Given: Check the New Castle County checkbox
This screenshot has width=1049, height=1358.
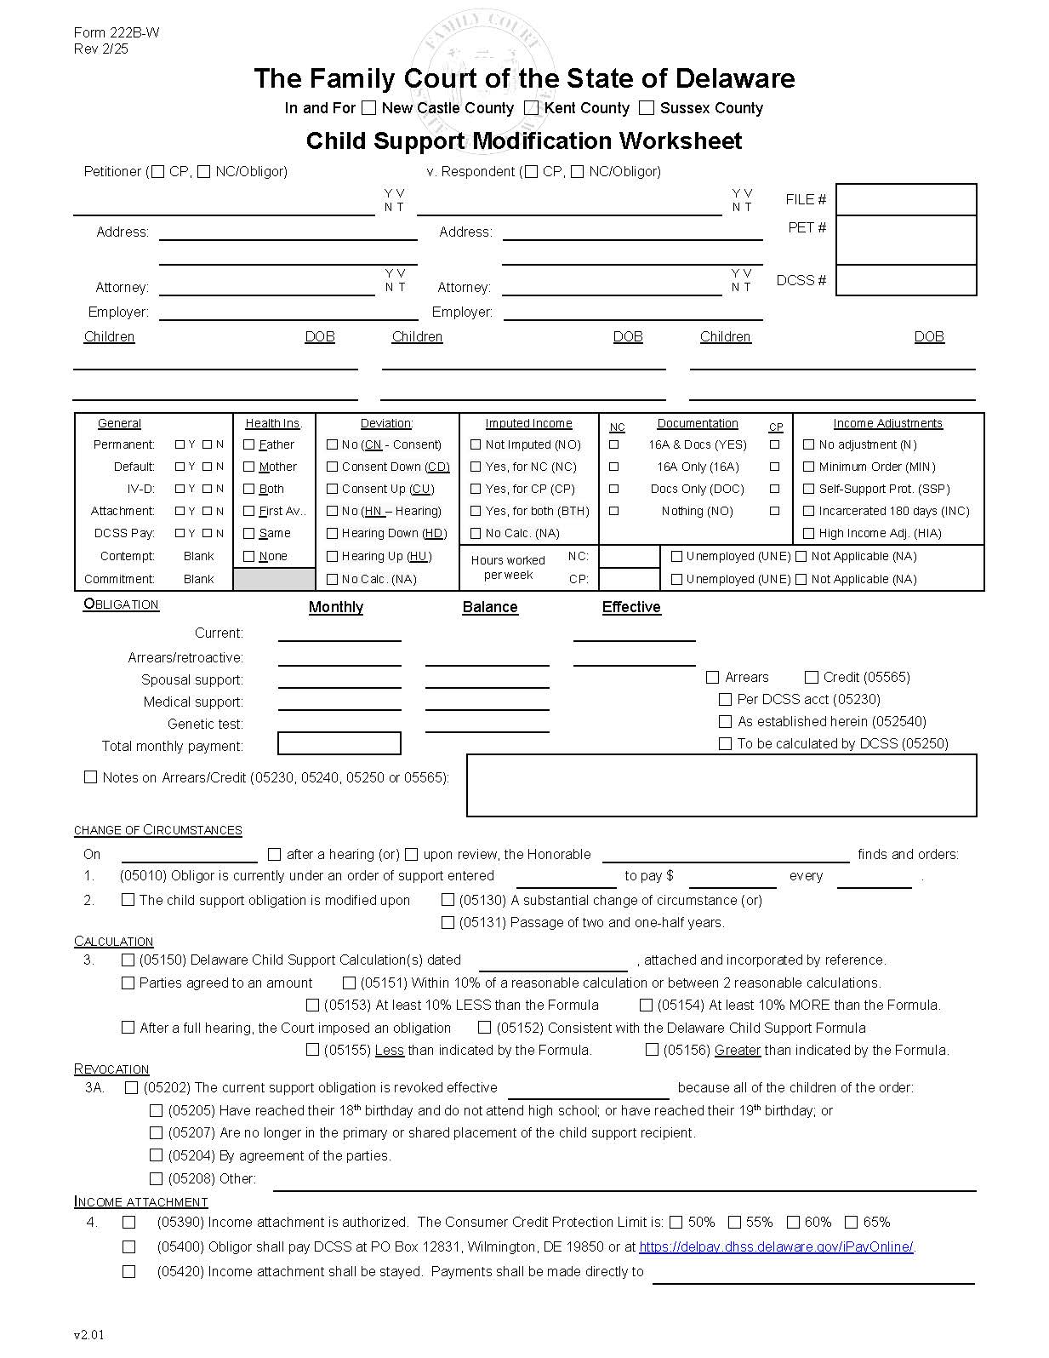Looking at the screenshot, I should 368,108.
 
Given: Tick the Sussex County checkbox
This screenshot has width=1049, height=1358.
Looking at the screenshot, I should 647,108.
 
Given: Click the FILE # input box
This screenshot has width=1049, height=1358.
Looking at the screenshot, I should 905,199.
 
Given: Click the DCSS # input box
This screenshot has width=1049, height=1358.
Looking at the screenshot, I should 905,280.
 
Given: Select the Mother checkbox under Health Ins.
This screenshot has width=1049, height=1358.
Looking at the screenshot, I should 249,467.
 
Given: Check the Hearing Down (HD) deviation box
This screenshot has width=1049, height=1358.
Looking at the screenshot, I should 333,533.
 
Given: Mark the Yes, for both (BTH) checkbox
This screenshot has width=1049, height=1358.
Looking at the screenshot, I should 476,511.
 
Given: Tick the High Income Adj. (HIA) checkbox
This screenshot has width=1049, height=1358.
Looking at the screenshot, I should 809,533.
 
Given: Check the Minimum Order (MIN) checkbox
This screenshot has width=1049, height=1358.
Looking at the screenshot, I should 809,467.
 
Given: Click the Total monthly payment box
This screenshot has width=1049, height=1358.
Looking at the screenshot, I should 339,744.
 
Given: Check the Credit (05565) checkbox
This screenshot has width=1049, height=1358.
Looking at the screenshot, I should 812,677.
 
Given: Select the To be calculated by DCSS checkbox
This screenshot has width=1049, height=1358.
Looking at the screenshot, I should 725,743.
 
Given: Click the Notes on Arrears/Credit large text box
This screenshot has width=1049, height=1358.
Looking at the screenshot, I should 721,785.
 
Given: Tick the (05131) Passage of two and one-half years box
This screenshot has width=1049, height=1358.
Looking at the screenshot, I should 448,922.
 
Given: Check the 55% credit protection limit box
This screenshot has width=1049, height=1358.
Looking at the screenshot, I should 735,1222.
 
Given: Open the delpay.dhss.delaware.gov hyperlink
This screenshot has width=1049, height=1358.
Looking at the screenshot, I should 776,1246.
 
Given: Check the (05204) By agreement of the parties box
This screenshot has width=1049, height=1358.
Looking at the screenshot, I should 156,1155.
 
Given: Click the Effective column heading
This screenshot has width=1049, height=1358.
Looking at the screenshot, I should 630,607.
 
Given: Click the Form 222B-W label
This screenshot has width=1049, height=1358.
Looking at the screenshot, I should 116,33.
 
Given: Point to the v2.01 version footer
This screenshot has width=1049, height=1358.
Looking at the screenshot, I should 88,1335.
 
